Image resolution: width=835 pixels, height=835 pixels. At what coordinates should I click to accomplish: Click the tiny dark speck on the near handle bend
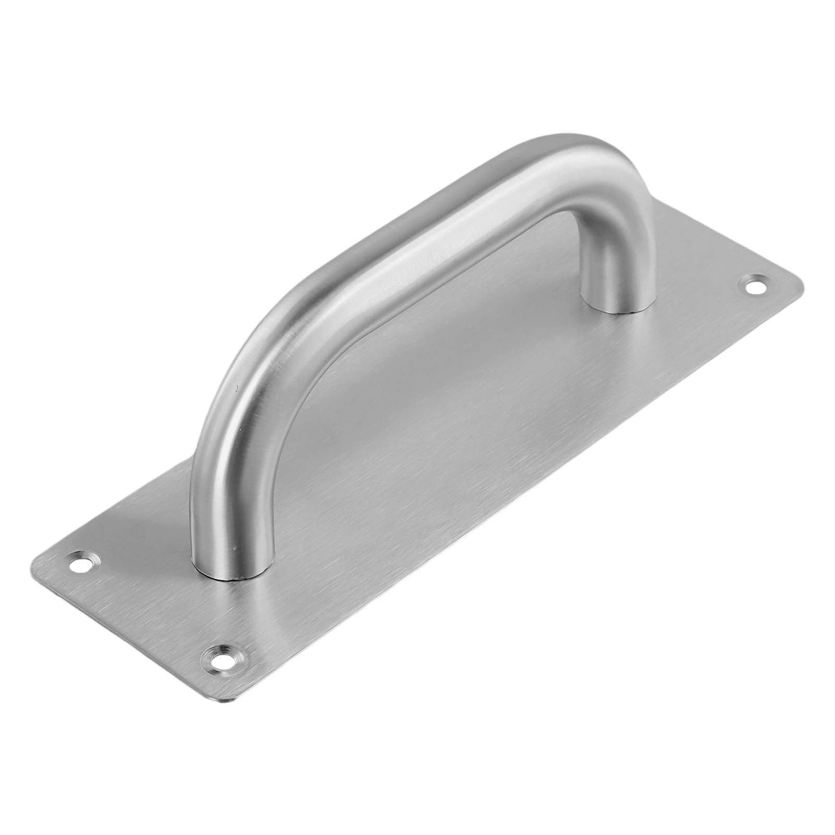tap(236, 387)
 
